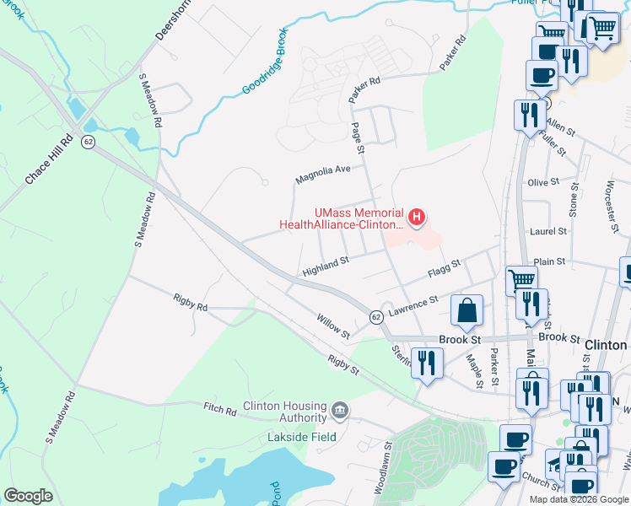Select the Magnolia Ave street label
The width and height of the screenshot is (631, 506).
[322, 175]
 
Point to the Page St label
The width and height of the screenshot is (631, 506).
[358, 137]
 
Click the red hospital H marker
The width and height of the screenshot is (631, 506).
[416, 218]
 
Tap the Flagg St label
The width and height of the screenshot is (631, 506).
[444, 270]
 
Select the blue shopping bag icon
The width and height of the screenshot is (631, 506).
[467, 311]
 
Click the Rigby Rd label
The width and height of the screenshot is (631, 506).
[190, 303]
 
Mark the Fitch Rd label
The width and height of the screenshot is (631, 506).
[220, 410]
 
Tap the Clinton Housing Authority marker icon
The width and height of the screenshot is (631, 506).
[339, 411]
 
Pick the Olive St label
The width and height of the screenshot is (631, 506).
[543, 182]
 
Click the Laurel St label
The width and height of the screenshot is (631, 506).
[547, 229]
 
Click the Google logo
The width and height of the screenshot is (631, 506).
[28, 496]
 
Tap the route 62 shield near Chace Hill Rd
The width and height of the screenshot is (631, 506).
[88, 142]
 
